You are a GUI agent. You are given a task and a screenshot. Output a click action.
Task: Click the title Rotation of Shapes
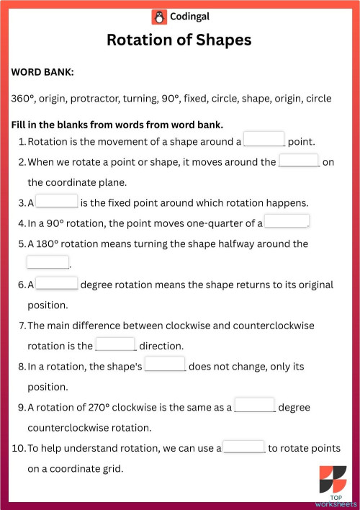pyautogui.click(x=179, y=40)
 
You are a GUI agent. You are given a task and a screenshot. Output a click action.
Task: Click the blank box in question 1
pyautogui.click(x=264, y=140)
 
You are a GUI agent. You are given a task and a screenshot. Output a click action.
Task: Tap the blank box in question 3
pyautogui.click(x=57, y=201)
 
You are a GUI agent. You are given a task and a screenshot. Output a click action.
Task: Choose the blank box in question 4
pyautogui.click(x=287, y=221)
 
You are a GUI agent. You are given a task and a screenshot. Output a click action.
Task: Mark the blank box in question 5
pyautogui.click(x=48, y=262)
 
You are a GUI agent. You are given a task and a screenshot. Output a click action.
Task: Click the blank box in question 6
pyautogui.click(x=57, y=283)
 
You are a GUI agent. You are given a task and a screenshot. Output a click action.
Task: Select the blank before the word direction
pyautogui.click(x=115, y=344)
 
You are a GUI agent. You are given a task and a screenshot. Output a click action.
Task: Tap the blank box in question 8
pyautogui.click(x=165, y=365)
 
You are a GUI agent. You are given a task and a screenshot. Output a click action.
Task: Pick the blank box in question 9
pyautogui.click(x=255, y=406)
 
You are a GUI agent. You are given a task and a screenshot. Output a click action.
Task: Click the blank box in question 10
pyautogui.click(x=244, y=447)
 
